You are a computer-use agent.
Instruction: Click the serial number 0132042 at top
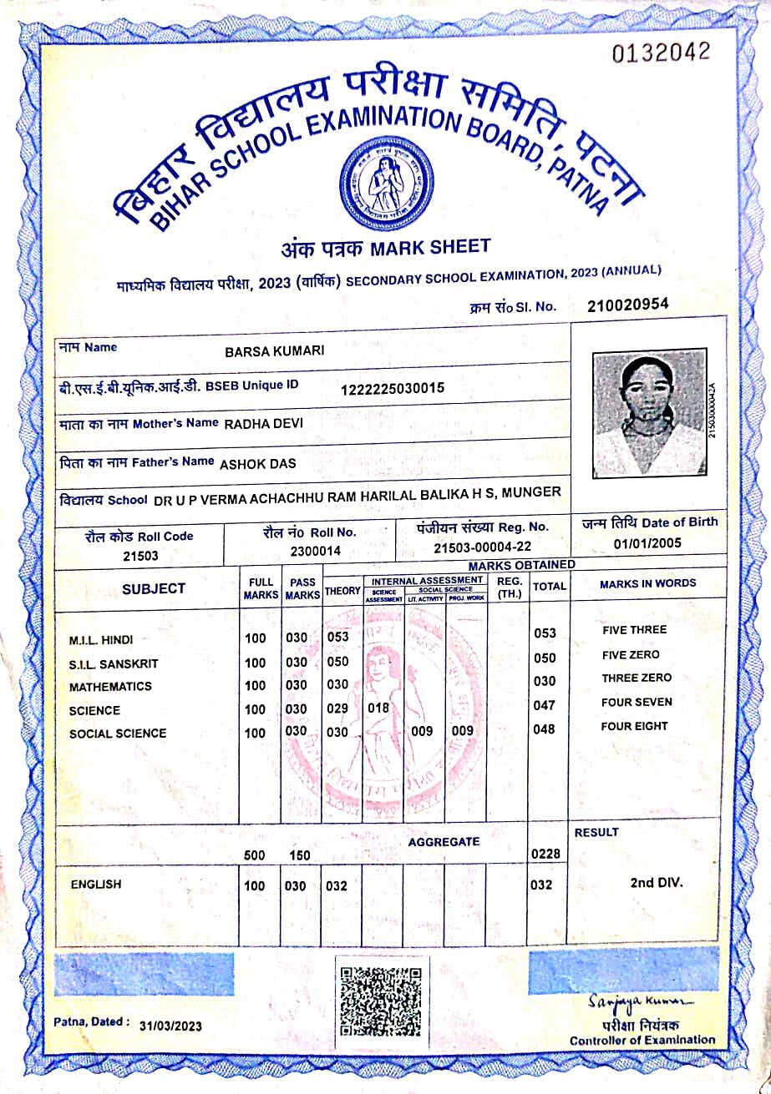pyautogui.click(x=661, y=52)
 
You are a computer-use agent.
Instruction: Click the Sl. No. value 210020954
pyautogui.click(x=627, y=305)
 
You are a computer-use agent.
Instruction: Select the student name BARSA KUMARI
pyautogui.click(x=274, y=351)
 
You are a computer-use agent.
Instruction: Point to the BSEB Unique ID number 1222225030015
pyautogui.click(x=393, y=388)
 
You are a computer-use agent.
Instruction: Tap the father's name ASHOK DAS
pyautogui.click(x=257, y=463)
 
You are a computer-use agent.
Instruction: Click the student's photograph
pyautogui.click(x=649, y=415)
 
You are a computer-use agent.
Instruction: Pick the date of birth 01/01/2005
pyautogui.click(x=647, y=543)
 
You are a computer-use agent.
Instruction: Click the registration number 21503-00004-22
pyautogui.click(x=482, y=547)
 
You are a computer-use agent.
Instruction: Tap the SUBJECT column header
pyautogui.click(x=154, y=588)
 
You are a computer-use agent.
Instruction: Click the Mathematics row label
pyautogui.click(x=110, y=687)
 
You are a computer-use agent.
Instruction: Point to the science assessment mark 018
pyautogui.click(x=379, y=708)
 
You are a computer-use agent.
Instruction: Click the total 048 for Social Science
pyautogui.click(x=544, y=729)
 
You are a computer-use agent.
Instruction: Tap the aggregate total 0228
pyautogui.click(x=545, y=854)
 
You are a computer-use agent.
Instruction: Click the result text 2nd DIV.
pyautogui.click(x=657, y=881)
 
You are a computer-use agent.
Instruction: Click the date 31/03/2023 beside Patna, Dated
pyautogui.click(x=170, y=1026)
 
